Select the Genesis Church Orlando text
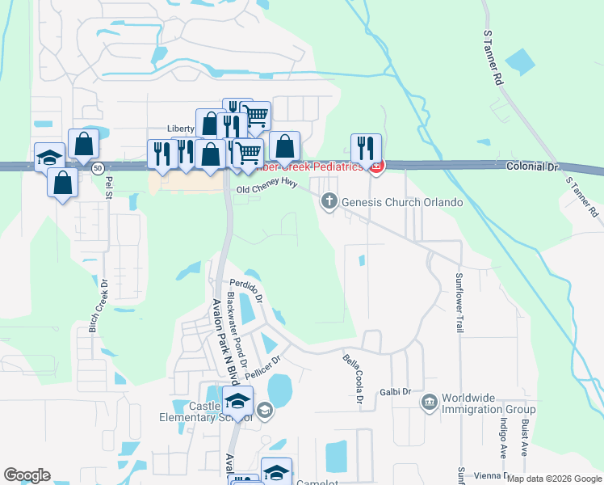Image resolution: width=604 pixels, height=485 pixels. [402, 201]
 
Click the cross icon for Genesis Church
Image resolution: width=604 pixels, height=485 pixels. [329, 201]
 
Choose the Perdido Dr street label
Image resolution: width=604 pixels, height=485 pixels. [246, 289]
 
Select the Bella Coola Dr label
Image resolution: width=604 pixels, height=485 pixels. [351, 377]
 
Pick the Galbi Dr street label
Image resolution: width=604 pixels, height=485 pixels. [396, 392]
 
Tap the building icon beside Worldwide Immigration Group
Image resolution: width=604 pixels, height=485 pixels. [430, 400]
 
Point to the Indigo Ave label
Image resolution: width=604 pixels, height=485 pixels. [502, 437]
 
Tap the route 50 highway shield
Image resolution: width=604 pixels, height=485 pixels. [97, 167]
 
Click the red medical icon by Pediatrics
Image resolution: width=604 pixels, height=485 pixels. [375, 167]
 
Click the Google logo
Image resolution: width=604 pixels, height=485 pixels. [27, 475]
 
